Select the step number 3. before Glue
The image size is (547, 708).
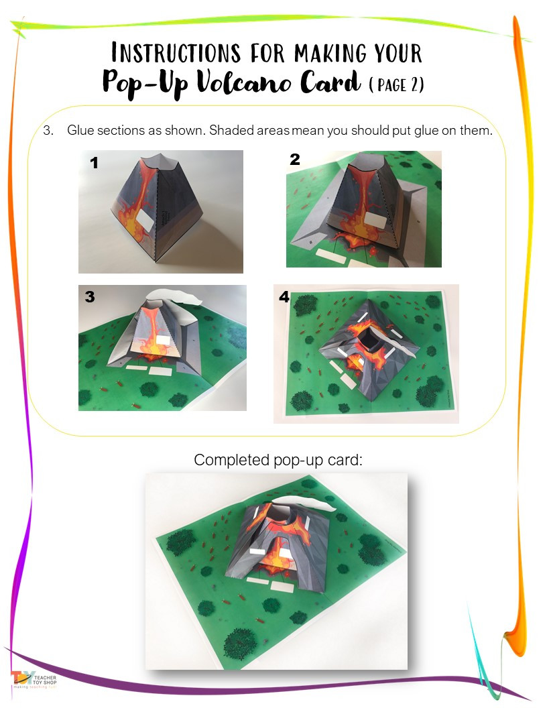pos(48,131)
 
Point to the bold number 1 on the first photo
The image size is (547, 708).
pos(94,163)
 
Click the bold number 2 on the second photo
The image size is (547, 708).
pos(295,160)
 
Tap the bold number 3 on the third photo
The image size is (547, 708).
pos(90,298)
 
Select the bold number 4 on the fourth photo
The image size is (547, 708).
pos(284,297)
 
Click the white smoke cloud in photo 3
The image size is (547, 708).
pos(176,297)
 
